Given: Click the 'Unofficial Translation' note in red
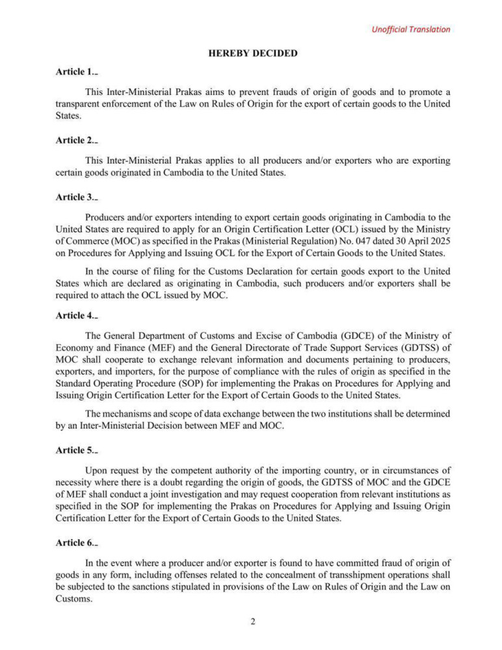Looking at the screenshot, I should click(410, 29).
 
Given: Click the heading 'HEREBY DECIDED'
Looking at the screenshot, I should click(253, 53).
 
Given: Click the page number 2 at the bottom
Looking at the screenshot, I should click(252, 621).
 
